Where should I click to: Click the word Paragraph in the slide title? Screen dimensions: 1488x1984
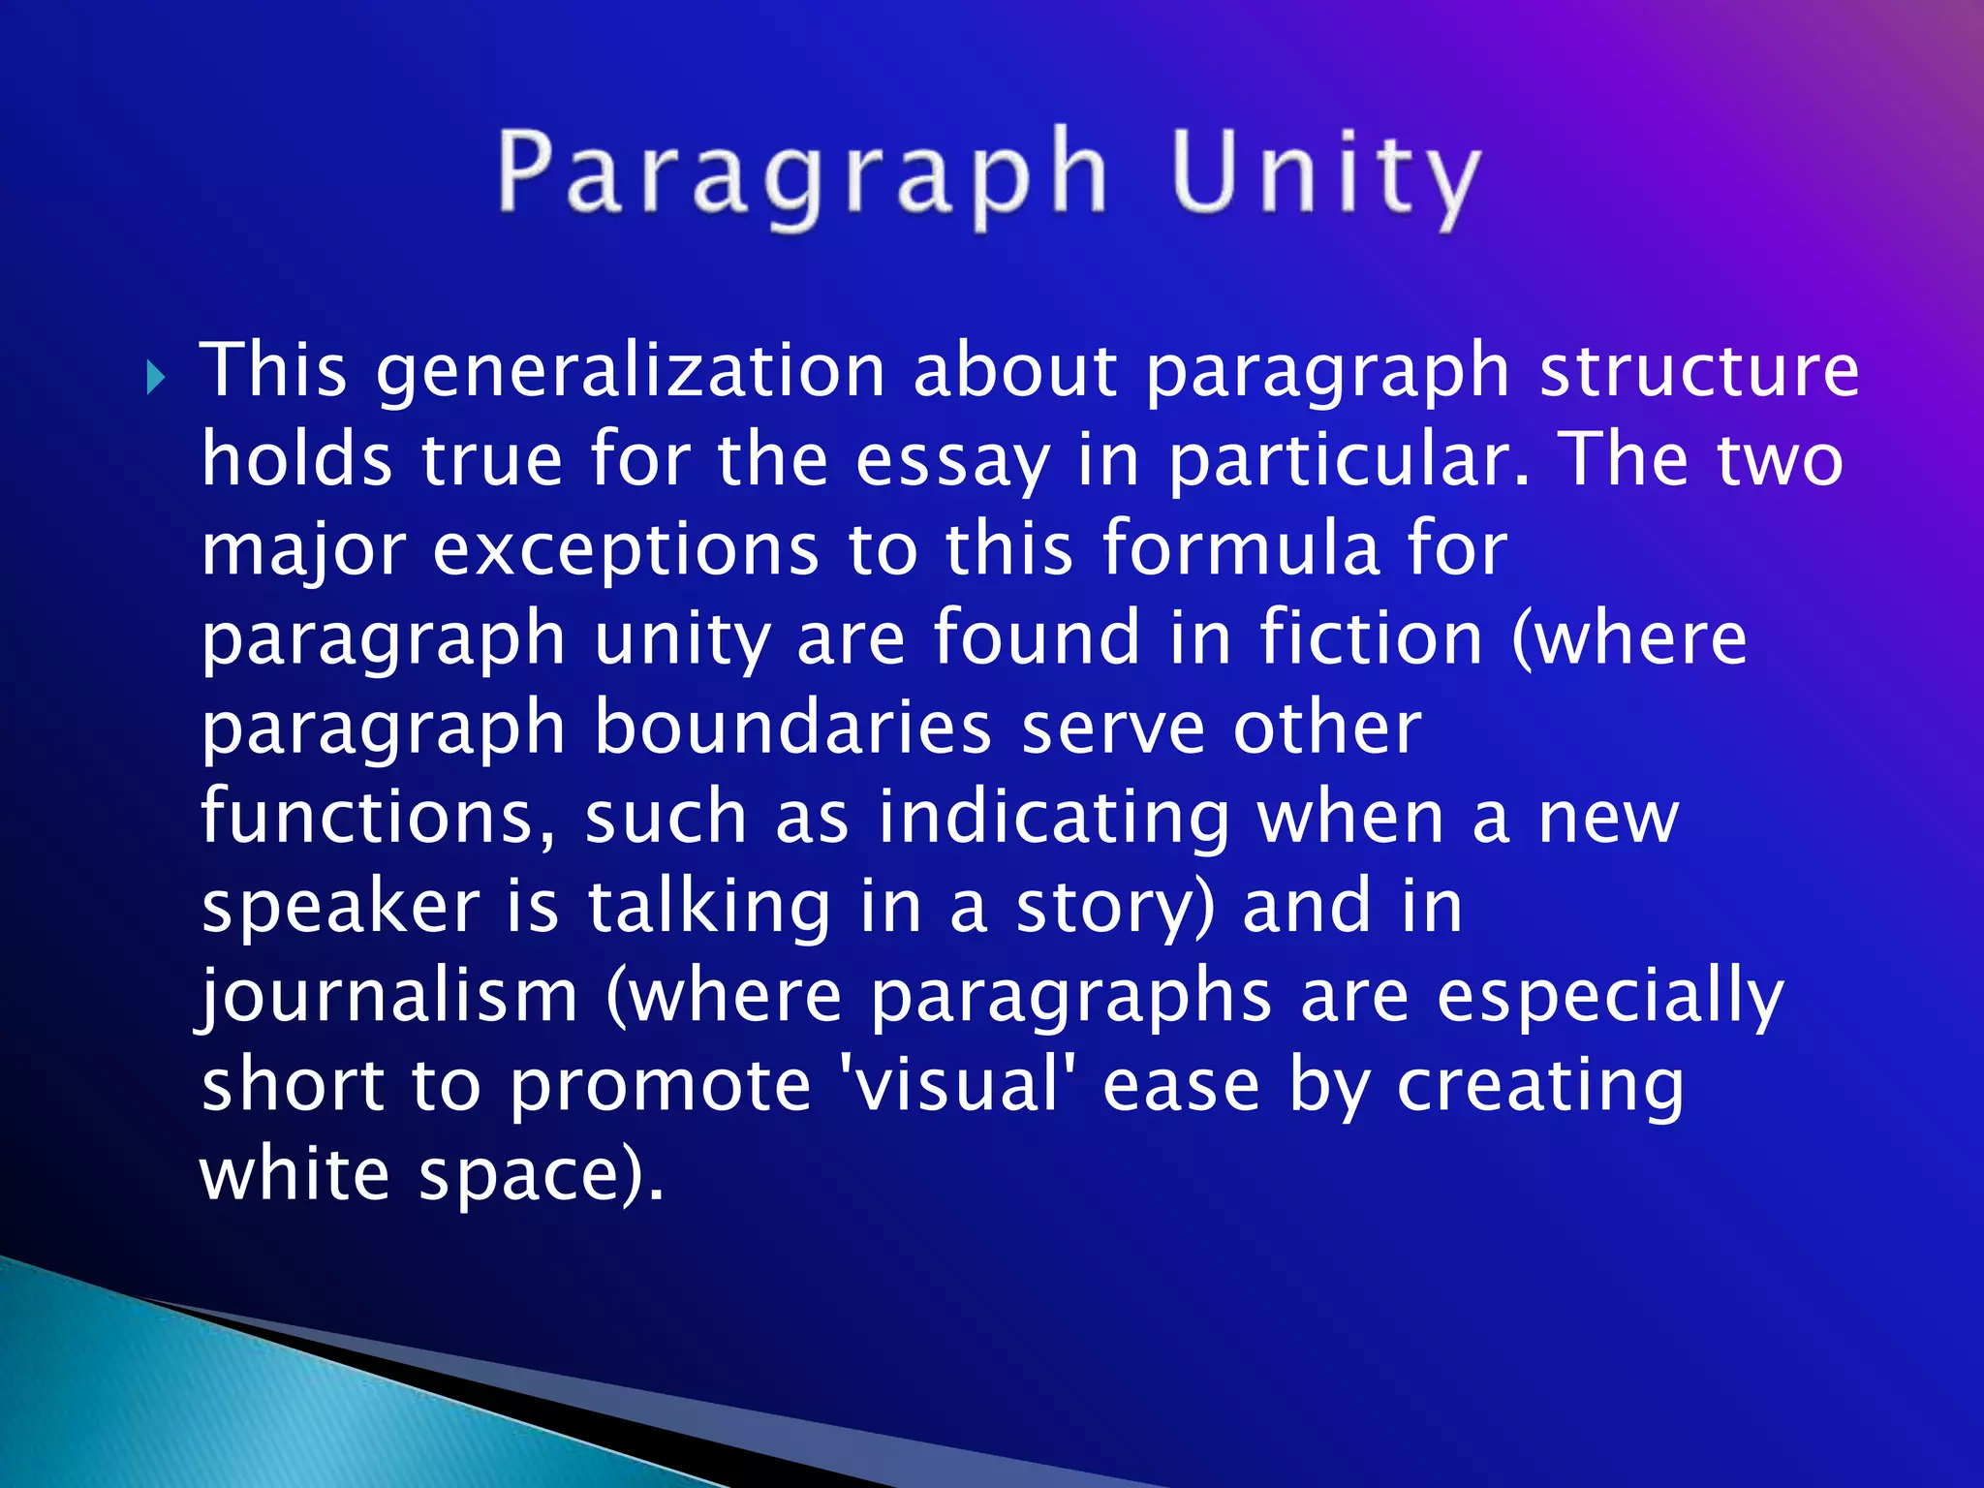(x=802, y=174)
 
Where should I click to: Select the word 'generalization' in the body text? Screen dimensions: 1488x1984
(x=631, y=372)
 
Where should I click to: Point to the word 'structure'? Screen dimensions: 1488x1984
(x=1699, y=372)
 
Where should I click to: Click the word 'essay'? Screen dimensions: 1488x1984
(x=952, y=462)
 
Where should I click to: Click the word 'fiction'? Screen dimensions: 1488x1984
(x=1371, y=639)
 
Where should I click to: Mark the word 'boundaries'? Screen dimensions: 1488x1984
(x=792, y=728)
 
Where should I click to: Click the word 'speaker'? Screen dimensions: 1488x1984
(x=340, y=908)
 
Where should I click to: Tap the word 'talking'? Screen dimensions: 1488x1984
(x=709, y=908)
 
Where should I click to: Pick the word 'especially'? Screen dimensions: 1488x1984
(x=1609, y=998)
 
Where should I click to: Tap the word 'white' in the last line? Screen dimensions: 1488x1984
(x=294, y=1175)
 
